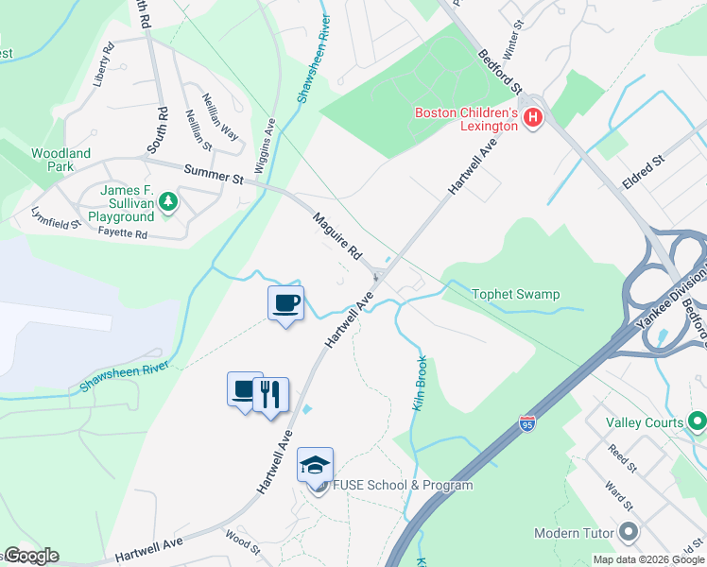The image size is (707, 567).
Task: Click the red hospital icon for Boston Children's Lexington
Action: [x=533, y=118]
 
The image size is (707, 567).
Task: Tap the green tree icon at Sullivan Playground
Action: [x=168, y=201]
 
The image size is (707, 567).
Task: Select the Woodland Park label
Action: [x=60, y=160]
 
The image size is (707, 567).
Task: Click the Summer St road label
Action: [x=213, y=173]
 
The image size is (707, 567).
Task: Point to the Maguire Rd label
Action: [x=338, y=236]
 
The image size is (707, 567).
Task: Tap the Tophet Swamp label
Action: [x=515, y=294]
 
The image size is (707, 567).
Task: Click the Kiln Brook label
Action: [x=420, y=382]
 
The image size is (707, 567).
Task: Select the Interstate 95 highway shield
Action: [x=526, y=424]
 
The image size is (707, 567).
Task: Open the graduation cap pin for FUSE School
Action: [x=315, y=465]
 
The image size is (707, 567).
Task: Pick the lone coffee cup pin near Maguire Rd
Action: [x=286, y=303]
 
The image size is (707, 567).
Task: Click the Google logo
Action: [x=31, y=556]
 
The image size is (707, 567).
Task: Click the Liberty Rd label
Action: [x=103, y=64]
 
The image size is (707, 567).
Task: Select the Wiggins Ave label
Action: [x=269, y=142]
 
